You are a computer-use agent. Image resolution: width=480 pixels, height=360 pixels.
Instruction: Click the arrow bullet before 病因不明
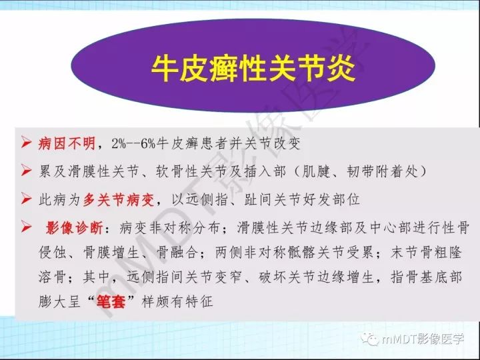pos(27,143)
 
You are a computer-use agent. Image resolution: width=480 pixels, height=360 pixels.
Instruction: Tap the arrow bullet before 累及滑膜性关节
pos(27,171)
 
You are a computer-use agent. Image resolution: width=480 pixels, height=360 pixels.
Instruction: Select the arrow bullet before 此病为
pos(27,199)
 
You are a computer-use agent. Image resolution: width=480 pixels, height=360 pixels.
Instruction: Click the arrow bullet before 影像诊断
pos(27,227)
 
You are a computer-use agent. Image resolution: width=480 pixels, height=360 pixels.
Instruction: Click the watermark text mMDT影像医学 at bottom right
pos(425,340)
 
